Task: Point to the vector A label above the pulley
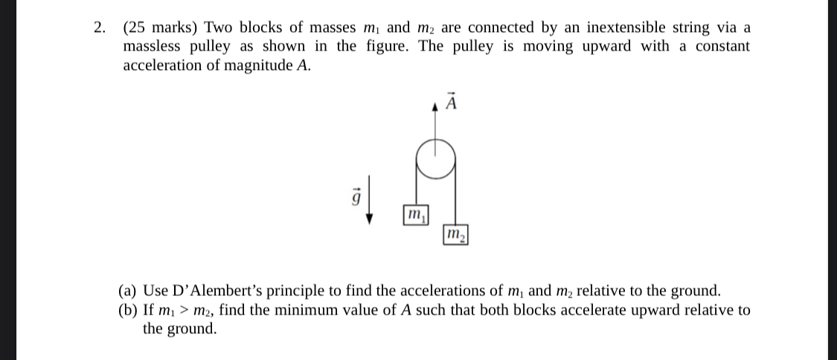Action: point(449,101)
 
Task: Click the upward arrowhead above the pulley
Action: point(435,107)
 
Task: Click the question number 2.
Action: point(99,28)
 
